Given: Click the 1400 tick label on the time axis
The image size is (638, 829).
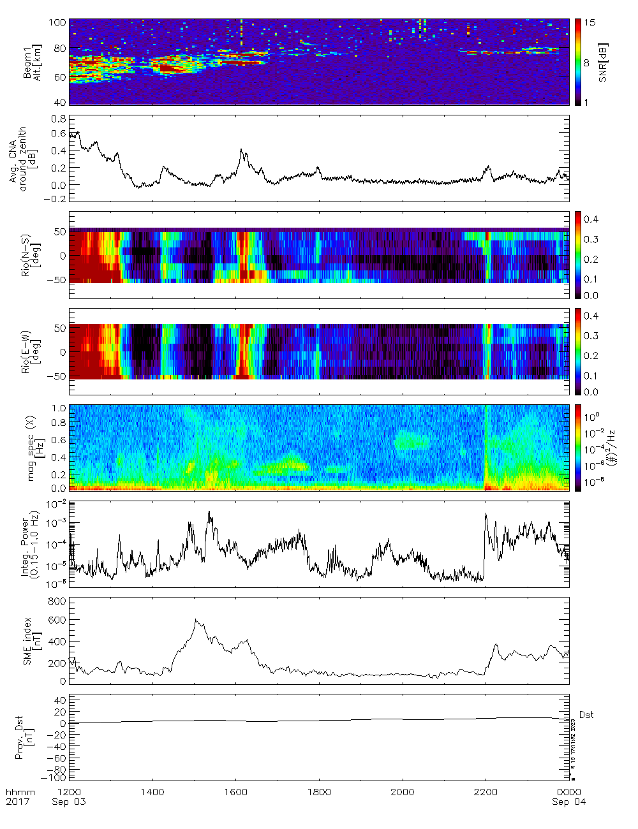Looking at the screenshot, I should (x=152, y=792).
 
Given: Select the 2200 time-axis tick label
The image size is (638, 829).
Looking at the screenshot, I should (x=486, y=792).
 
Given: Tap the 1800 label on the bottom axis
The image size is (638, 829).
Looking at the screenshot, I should (x=319, y=792).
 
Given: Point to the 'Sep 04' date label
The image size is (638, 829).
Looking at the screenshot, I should (x=568, y=802).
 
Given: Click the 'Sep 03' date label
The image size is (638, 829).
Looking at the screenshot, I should (x=69, y=802).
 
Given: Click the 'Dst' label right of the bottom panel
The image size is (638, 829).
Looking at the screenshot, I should (x=586, y=715).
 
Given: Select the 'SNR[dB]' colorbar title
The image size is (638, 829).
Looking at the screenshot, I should (x=603, y=62).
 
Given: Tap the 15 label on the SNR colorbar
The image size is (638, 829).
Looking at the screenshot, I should (x=590, y=22).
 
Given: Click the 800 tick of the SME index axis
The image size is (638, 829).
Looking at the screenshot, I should (x=57, y=601).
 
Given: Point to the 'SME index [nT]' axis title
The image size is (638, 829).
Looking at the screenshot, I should (x=32, y=641).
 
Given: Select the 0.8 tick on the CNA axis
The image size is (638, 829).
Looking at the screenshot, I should (x=59, y=119).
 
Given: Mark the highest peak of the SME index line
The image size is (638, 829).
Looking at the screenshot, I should (x=196, y=620).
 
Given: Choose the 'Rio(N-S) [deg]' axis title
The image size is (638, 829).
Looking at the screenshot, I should (x=31, y=256).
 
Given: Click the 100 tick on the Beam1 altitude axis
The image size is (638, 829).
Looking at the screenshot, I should (x=57, y=22).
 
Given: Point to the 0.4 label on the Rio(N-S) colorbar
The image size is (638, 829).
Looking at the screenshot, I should (x=591, y=219).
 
